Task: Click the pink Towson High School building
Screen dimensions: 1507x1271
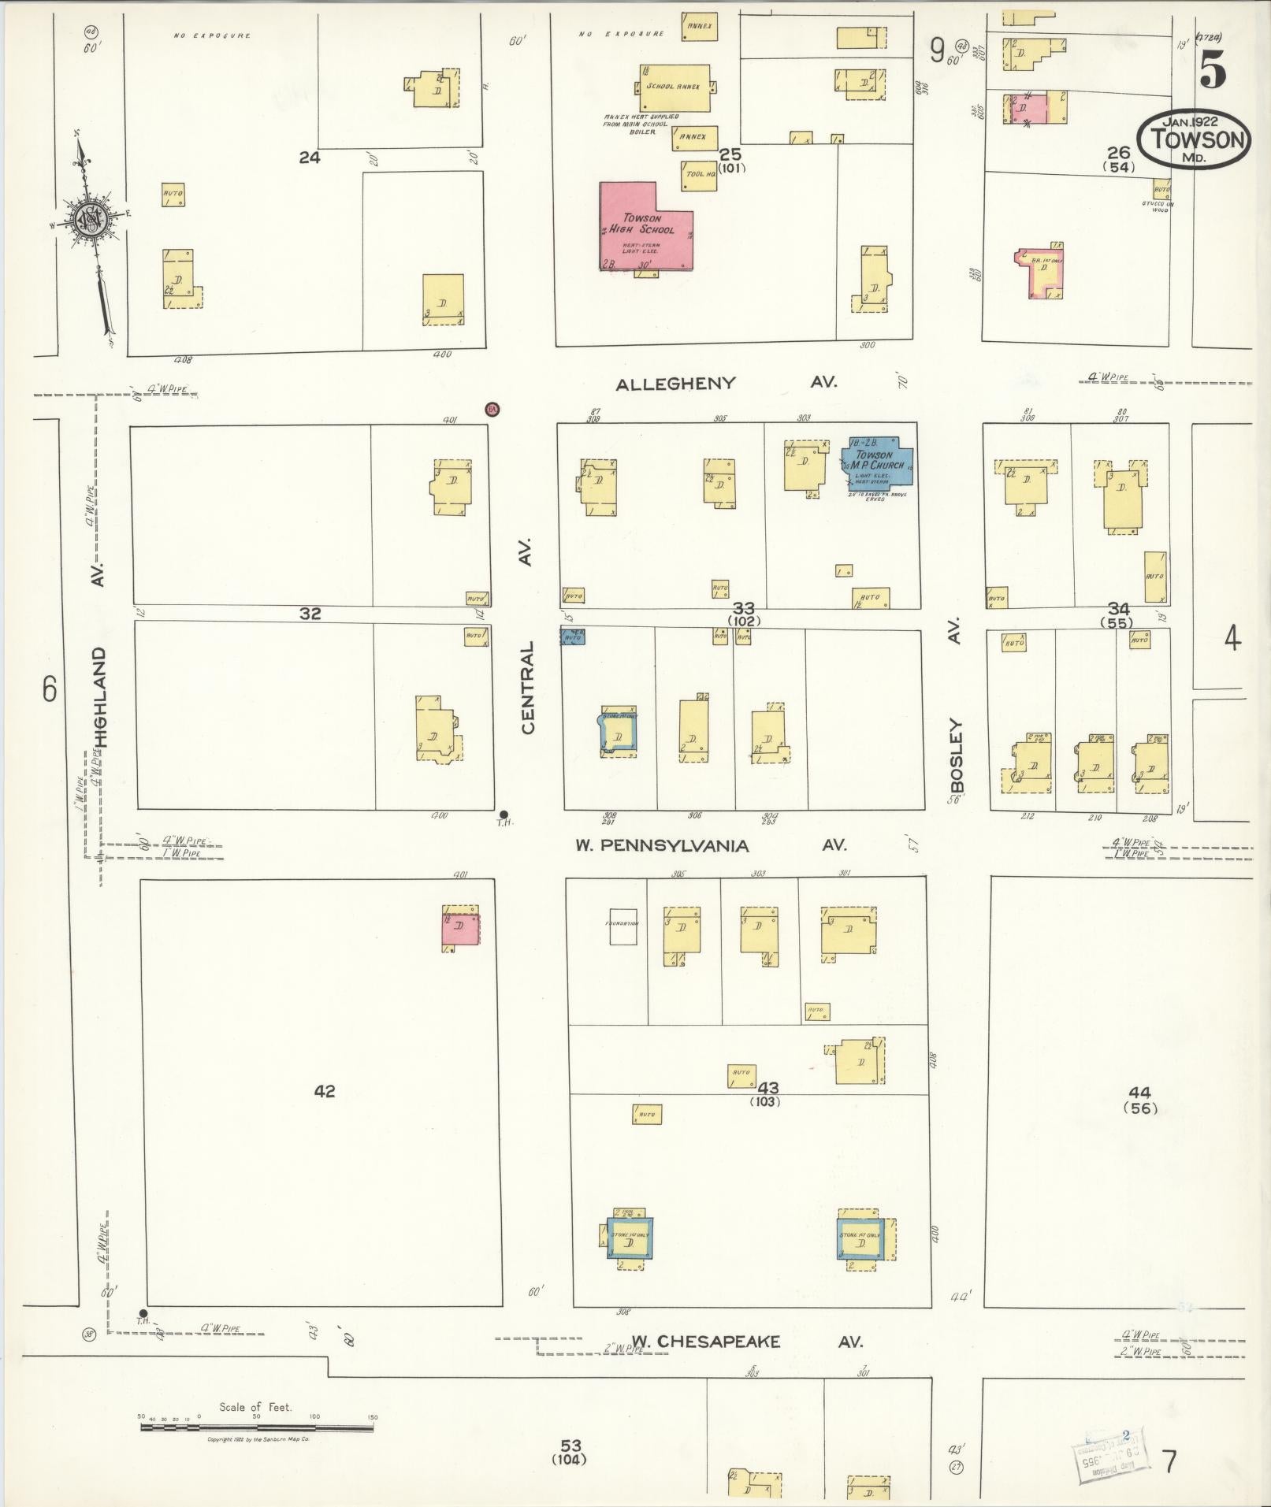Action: [x=642, y=228]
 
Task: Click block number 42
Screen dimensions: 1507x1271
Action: [x=325, y=1091]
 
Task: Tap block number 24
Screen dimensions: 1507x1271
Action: [x=310, y=158]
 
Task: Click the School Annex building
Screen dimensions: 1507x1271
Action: [x=674, y=87]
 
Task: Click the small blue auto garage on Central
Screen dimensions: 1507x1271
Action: [x=573, y=636]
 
